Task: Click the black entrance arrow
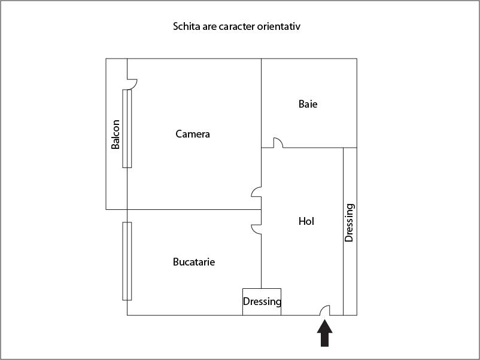324,334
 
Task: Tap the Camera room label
193,134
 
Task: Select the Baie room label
308,104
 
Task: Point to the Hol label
306,221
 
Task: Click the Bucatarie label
194,262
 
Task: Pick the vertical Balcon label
116,135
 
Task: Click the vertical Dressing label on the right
350,222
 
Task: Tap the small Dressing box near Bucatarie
262,301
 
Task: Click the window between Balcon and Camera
127,129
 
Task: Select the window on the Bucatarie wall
127,261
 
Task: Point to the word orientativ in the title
278,26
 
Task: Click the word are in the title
209,26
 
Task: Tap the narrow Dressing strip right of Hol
350,231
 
